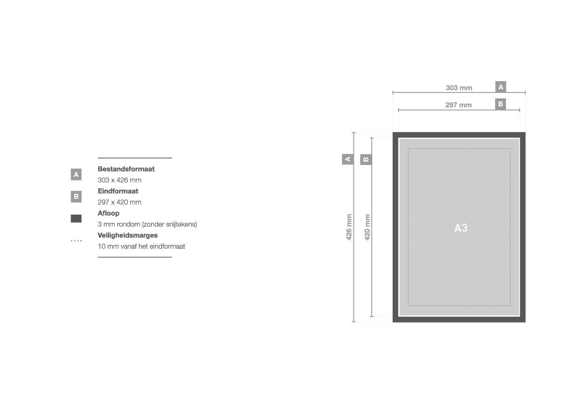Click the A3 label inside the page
coord(461,228)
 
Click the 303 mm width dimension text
coord(459,88)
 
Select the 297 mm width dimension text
coord(458,105)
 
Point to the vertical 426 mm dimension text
coord(349,227)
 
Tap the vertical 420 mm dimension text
coord(367,227)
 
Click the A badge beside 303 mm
coord(500,86)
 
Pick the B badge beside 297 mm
coord(500,104)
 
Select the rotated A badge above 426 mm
coord(347,160)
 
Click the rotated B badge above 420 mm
coord(366,160)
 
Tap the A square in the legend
coord(76,174)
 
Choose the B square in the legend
coord(76,196)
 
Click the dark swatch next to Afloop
coord(76,219)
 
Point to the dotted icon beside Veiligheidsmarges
coord(76,241)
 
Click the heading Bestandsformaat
coord(126,169)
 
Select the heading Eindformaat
coord(118,191)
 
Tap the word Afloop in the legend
coord(108,213)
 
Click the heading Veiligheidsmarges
coord(127,236)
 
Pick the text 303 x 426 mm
coord(120,180)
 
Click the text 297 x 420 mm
coord(120,202)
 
